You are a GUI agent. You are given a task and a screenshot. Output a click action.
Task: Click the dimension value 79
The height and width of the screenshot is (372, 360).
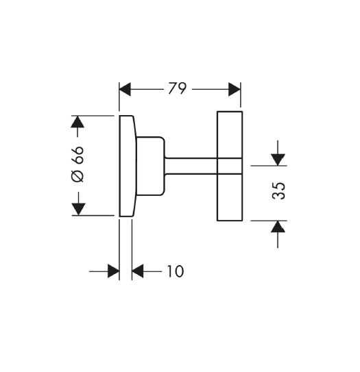(178, 88)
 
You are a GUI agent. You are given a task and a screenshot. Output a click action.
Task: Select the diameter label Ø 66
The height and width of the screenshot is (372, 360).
(77, 164)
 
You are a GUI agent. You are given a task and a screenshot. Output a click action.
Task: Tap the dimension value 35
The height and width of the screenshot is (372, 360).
(278, 190)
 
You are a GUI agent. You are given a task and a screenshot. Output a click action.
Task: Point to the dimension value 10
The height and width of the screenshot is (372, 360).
(176, 271)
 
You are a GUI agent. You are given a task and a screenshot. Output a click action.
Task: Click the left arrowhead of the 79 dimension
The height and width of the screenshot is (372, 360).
(125, 90)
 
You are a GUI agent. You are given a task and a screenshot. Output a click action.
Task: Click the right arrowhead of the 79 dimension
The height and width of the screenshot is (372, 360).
(235, 90)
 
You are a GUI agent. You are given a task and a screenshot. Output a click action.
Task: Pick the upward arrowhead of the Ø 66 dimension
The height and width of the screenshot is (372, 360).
(77, 122)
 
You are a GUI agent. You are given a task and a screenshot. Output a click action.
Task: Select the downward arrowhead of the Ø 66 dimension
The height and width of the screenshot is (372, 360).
(78, 210)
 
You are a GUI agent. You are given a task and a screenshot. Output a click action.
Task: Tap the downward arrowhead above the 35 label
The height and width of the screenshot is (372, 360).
(278, 160)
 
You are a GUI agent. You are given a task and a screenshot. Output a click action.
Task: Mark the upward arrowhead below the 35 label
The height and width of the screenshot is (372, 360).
(278, 226)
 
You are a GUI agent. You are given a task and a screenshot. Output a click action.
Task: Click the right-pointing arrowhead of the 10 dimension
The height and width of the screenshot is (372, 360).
(113, 271)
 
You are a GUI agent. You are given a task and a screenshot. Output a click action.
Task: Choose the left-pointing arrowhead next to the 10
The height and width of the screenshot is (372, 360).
(138, 271)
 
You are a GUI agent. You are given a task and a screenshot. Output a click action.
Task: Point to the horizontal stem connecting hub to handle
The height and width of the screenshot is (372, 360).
(191, 166)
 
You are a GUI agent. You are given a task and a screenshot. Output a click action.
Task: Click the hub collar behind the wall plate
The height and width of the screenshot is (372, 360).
(150, 166)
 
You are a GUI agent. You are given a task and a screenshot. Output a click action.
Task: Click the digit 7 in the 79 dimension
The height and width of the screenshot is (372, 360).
(173, 88)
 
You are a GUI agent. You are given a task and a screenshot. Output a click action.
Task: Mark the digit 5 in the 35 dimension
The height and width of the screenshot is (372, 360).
(278, 186)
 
